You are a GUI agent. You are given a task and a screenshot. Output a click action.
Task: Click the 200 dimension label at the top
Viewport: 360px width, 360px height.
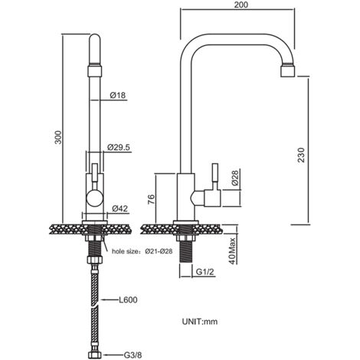[241, 5]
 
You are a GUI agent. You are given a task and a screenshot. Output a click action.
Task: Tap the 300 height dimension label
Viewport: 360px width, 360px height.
[58, 137]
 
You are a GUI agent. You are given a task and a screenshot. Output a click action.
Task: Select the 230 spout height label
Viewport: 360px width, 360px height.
[301, 155]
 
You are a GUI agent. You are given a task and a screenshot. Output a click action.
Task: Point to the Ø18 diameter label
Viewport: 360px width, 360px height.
[118, 95]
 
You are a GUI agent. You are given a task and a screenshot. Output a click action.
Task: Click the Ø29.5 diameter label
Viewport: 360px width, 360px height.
[119, 147]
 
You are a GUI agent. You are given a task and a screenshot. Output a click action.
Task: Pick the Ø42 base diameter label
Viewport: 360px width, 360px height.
[119, 209]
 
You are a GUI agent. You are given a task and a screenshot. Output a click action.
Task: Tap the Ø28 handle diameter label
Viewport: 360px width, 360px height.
[234, 178]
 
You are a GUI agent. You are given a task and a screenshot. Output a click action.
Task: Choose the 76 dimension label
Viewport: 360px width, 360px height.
[151, 199]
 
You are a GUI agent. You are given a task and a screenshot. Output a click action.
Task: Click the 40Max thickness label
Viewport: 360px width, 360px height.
[232, 251]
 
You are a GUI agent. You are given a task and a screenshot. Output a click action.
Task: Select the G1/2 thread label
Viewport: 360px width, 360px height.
[205, 272]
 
